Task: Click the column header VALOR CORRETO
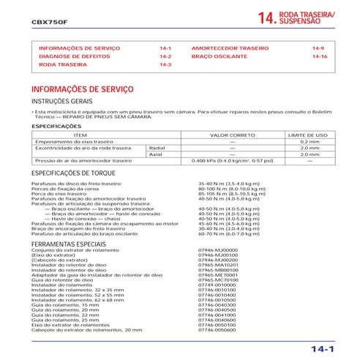point(232,135)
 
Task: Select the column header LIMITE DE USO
point(308,135)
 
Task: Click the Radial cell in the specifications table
point(157,148)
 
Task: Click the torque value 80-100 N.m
point(226,189)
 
